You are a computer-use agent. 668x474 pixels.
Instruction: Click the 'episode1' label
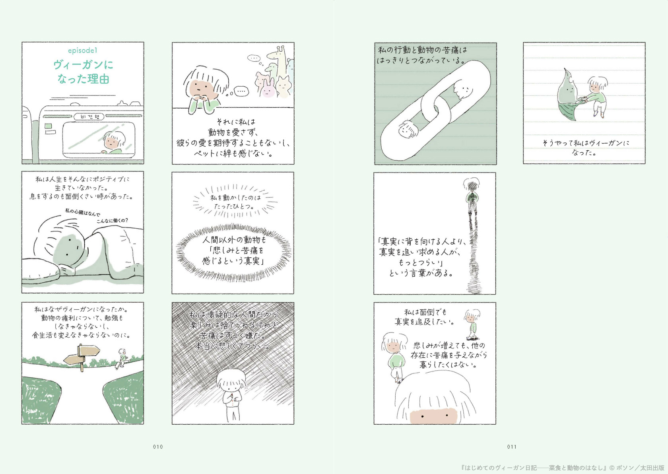[x=83, y=51]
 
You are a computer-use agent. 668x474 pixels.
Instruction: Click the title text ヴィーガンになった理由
[x=83, y=72]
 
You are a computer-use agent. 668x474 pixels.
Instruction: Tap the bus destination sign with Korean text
[x=89, y=117]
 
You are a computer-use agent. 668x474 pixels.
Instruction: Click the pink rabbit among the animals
[x=268, y=88]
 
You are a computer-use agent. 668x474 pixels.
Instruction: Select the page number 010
[x=158, y=447]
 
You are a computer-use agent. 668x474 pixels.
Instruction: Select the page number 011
[x=512, y=447]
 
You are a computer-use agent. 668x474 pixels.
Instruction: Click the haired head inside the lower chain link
[x=408, y=129]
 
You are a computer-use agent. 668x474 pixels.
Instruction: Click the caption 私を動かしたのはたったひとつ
[x=235, y=202]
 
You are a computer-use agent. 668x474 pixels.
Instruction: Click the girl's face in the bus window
[x=112, y=142]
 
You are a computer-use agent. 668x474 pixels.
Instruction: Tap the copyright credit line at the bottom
[x=562, y=468]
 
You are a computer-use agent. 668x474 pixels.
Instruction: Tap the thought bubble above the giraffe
[x=254, y=58]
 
